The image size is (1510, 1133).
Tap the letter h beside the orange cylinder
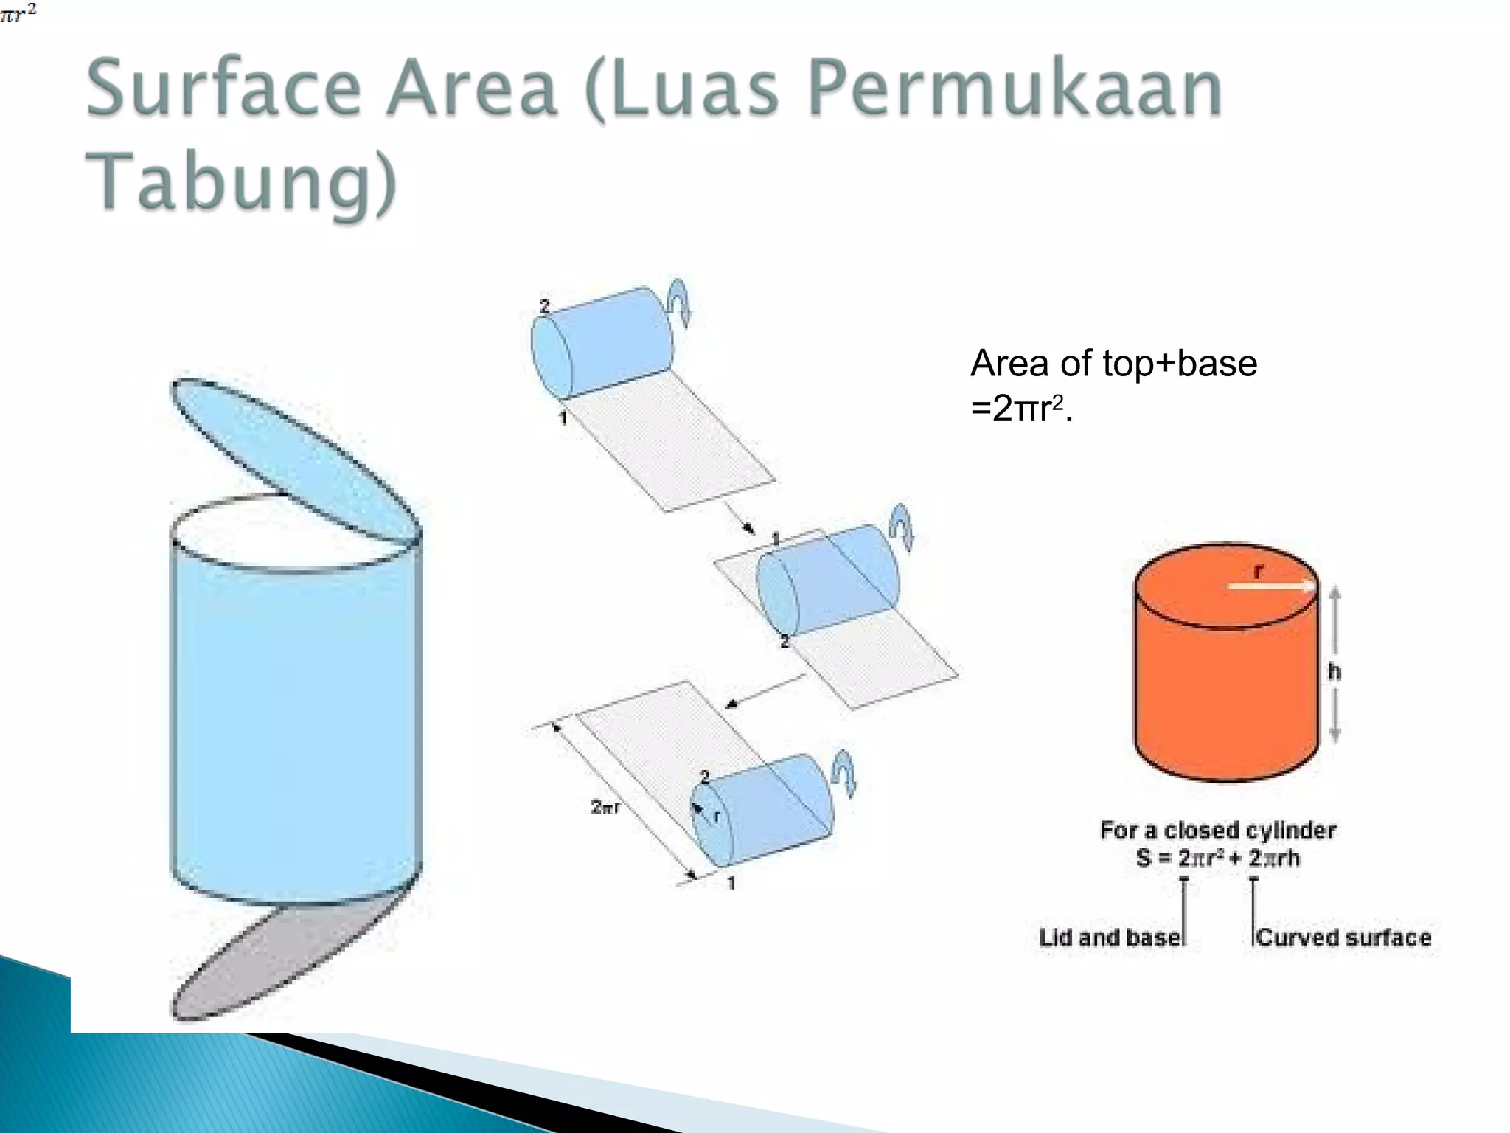click(1334, 671)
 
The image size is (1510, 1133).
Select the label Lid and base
click(1109, 938)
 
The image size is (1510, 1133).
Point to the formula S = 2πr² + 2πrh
click(1218, 859)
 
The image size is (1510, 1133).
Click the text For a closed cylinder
click(1218, 831)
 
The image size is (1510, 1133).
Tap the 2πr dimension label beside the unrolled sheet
click(605, 807)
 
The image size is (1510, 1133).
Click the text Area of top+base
click(1113, 364)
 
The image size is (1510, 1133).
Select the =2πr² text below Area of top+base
click(1021, 409)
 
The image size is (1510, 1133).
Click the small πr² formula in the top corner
click(18, 13)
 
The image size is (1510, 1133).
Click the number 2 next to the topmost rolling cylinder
click(545, 306)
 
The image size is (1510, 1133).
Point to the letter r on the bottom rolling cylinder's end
click(716, 815)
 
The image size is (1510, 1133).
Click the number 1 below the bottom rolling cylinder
click(731, 883)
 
